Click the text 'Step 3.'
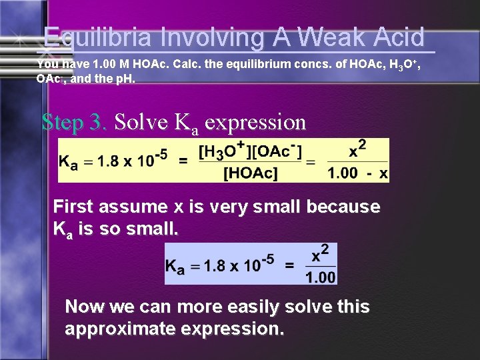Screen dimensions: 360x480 [73, 122]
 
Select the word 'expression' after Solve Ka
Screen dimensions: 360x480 [255, 122]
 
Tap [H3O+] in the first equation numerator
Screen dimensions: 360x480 [224, 152]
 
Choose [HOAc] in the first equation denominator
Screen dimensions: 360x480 [251, 173]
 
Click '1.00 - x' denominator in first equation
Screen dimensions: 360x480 [358, 173]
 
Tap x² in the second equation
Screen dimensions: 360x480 [321, 254]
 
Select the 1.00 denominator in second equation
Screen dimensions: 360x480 [321, 276]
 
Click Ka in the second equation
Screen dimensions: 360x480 [175, 265]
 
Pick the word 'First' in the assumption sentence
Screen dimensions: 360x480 [76, 207]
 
